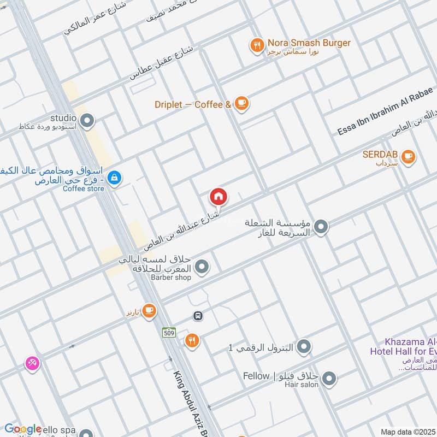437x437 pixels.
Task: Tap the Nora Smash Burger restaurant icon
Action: point(257,45)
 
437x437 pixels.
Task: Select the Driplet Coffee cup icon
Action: point(241,103)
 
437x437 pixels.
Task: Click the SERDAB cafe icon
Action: point(408,157)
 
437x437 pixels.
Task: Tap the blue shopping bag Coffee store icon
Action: point(114,177)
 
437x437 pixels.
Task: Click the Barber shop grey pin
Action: point(202,267)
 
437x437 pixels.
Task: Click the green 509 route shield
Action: point(169,332)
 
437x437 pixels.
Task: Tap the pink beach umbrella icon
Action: point(32,363)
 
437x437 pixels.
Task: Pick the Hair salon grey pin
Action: point(329,378)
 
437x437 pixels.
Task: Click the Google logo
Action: point(23,429)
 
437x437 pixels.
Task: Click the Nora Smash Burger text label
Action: point(309,43)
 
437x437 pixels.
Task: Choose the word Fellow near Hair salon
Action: point(256,376)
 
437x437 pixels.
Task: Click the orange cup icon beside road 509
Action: point(149,311)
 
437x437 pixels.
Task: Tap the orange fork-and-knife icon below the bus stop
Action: point(191,341)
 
